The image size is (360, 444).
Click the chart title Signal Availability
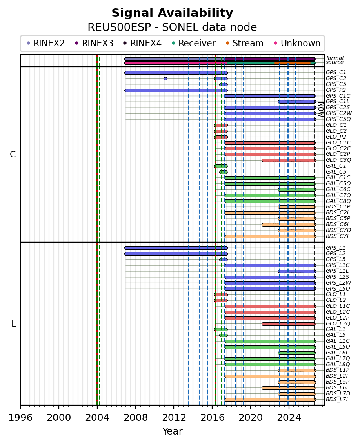click(172, 13)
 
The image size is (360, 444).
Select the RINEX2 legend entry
click(45, 43)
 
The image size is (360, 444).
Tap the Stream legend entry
click(245, 43)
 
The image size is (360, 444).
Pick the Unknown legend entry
click(297, 43)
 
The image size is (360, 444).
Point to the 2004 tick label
click(97, 417)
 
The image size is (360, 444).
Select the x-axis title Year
click(172, 431)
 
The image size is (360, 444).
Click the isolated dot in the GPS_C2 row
click(165, 79)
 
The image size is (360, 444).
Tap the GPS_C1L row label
click(338, 101)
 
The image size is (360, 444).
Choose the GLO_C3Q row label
click(338, 160)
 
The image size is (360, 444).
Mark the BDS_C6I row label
click(337, 224)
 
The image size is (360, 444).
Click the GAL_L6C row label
click(338, 353)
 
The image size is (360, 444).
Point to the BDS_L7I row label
click(337, 399)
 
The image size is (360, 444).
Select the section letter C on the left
click(13, 154)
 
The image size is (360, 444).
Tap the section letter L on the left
click(14, 323)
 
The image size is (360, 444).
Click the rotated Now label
click(321, 110)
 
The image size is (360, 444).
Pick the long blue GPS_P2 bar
click(176, 90)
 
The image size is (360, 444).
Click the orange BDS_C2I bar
click(270, 213)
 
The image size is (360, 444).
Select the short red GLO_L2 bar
click(220, 300)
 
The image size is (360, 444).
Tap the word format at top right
click(335, 58)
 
